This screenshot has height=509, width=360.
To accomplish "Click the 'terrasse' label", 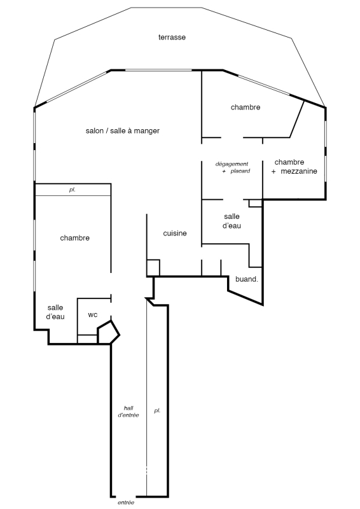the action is (172, 37).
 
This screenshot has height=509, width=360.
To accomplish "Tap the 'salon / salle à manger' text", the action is (123, 130).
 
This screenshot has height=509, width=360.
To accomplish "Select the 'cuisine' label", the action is (175, 233).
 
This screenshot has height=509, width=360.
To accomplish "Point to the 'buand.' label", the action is (247, 279).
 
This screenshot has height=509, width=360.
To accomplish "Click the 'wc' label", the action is (92, 314).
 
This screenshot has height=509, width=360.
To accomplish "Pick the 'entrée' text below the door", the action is (126, 503).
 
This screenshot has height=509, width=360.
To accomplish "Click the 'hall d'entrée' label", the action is (128, 411).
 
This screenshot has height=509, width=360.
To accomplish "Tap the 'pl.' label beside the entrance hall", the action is (157, 410).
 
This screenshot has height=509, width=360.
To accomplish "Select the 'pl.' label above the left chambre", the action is (72, 190).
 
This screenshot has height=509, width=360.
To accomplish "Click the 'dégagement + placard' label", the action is (232, 167).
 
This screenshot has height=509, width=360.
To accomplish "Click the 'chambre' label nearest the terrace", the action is (246, 107).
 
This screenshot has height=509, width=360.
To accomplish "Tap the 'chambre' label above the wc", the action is (74, 238).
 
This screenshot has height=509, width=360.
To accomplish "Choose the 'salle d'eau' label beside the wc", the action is (55, 312).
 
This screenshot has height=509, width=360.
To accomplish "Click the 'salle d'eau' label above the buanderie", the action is (232, 221).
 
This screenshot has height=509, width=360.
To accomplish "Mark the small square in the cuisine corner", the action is (153, 268).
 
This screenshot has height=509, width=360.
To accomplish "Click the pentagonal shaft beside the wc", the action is (108, 331).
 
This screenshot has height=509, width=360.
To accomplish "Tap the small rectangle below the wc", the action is (87, 339).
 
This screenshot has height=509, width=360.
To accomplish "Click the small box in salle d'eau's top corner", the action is (256, 203).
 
